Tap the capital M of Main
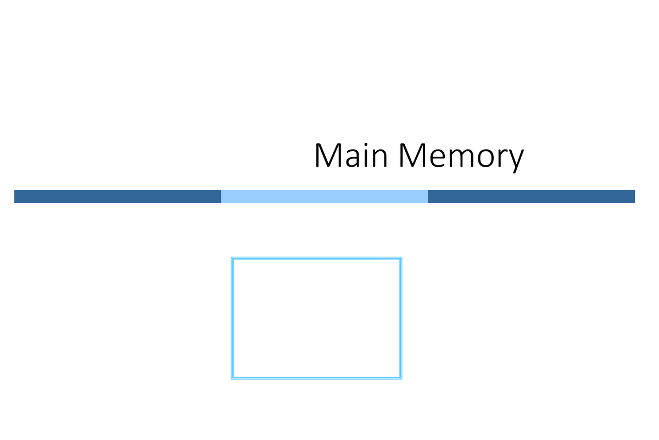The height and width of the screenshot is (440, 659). pyautogui.click(x=328, y=156)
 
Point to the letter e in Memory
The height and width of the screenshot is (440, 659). pyautogui.click(x=439, y=158)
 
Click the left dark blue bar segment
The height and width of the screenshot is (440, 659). pyautogui.click(x=118, y=196)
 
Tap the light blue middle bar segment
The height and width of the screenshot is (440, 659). pyautogui.click(x=324, y=196)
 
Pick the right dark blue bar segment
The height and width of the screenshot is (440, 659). pyautogui.click(x=531, y=196)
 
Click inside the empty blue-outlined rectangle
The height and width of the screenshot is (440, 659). pyautogui.click(x=316, y=318)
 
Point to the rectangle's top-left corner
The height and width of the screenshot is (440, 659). pyautogui.click(x=232, y=258)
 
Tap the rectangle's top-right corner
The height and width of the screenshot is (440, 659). pyautogui.click(x=401, y=258)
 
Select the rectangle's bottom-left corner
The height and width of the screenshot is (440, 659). pyautogui.click(x=232, y=378)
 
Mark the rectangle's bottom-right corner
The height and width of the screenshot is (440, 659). pyautogui.click(x=401, y=378)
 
